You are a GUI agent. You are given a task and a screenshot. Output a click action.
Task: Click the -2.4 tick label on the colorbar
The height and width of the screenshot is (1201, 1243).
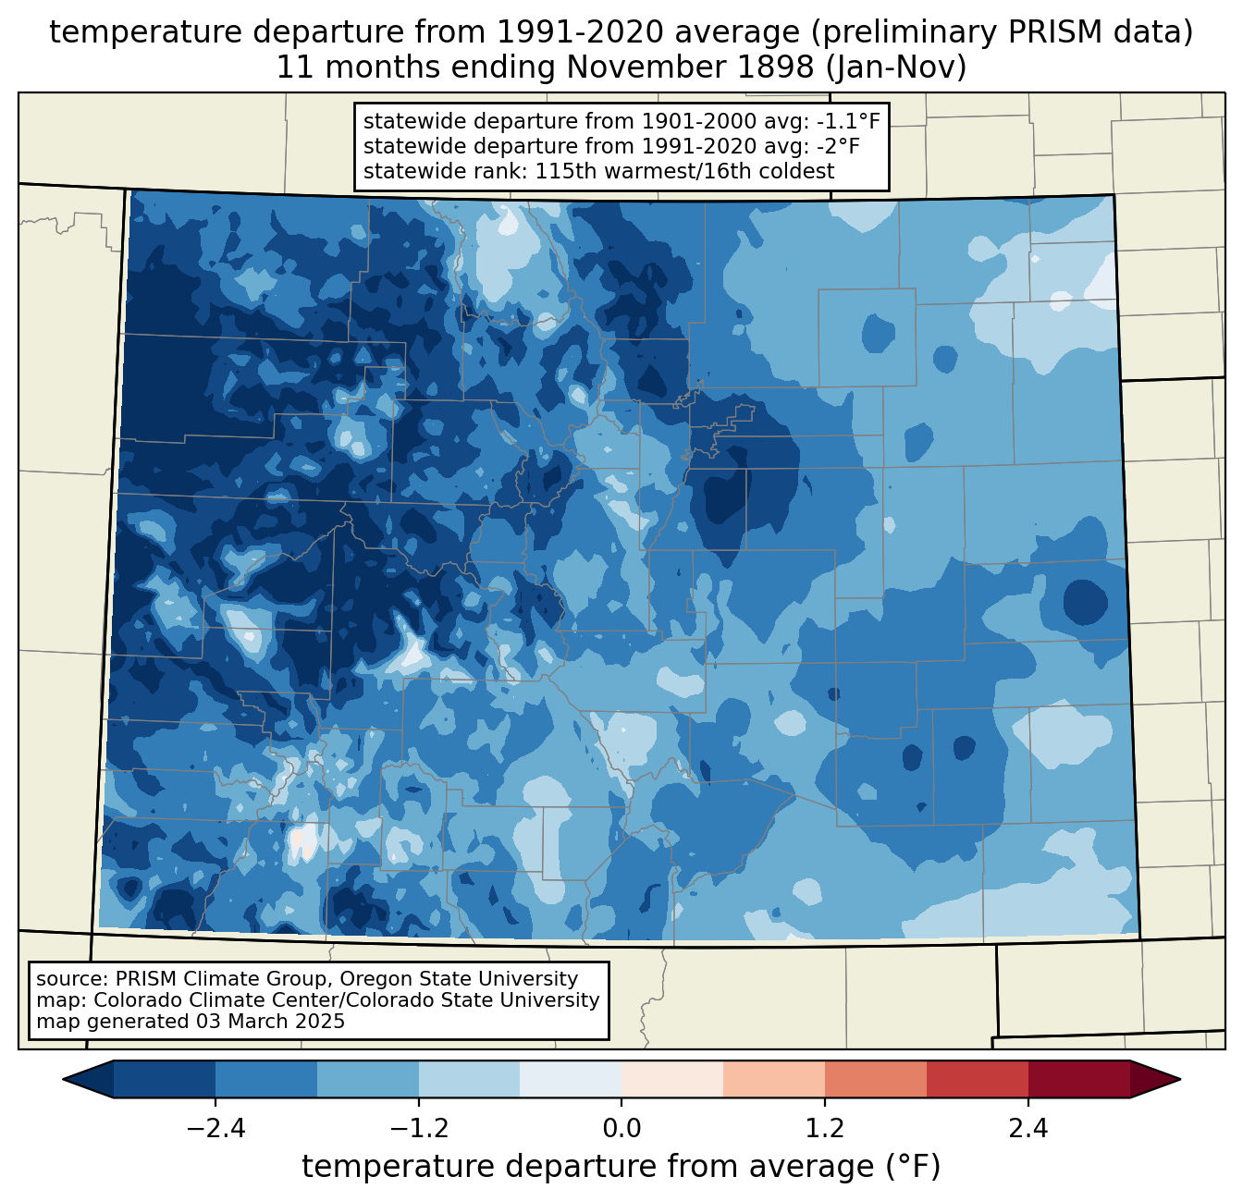[x=215, y=1130]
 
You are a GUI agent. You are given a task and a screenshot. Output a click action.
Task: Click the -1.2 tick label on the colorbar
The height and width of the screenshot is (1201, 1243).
[x=419, y=1130]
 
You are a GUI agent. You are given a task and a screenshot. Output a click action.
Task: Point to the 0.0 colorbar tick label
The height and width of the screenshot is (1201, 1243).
[x=621, y=1130]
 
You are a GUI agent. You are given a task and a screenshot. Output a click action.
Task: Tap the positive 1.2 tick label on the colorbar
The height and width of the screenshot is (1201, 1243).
[x=825, y=1130]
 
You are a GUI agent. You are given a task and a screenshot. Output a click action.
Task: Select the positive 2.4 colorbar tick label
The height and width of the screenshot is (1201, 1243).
[x=1028, y=1130]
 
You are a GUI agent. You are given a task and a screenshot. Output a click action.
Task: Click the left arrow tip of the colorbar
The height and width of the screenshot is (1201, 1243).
[x=63, y=1080]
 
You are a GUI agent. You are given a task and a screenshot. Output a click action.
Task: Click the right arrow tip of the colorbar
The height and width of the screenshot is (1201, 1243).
[x=1180, y=1080]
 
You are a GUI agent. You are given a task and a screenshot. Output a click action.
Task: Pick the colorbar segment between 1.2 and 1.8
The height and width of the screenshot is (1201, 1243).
[x=876, y=1080]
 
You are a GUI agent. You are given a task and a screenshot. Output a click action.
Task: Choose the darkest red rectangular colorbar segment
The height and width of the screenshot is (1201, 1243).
[x=1079, y=1080]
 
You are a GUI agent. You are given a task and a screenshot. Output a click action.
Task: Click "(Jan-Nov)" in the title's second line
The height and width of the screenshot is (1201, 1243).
[x=895, y=67]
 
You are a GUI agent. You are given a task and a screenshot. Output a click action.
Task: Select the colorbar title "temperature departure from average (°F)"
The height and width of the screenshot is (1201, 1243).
[x=621, y=1167]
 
